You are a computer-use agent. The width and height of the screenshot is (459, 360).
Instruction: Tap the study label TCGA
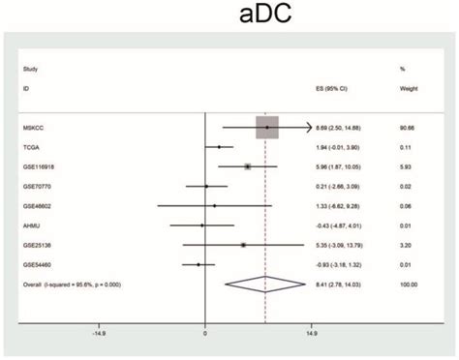click(32, 147)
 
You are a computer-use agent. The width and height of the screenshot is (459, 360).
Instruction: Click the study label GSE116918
click(40, 166)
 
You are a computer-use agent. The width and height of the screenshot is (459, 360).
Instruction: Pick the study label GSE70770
click(38, 186)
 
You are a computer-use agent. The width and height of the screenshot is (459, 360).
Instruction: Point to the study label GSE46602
click(38, 206)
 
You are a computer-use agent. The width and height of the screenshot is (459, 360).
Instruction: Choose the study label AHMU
click(32, 225)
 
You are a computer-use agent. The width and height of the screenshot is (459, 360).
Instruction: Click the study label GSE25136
click(38, 245)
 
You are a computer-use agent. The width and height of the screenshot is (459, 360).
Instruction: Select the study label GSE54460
click(38, 264)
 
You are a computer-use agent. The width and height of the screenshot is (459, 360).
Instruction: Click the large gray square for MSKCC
click(267, 128)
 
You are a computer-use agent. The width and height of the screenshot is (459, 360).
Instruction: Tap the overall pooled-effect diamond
click(266, 285)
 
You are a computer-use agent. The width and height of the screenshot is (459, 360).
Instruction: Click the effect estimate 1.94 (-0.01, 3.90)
click(343, 147)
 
